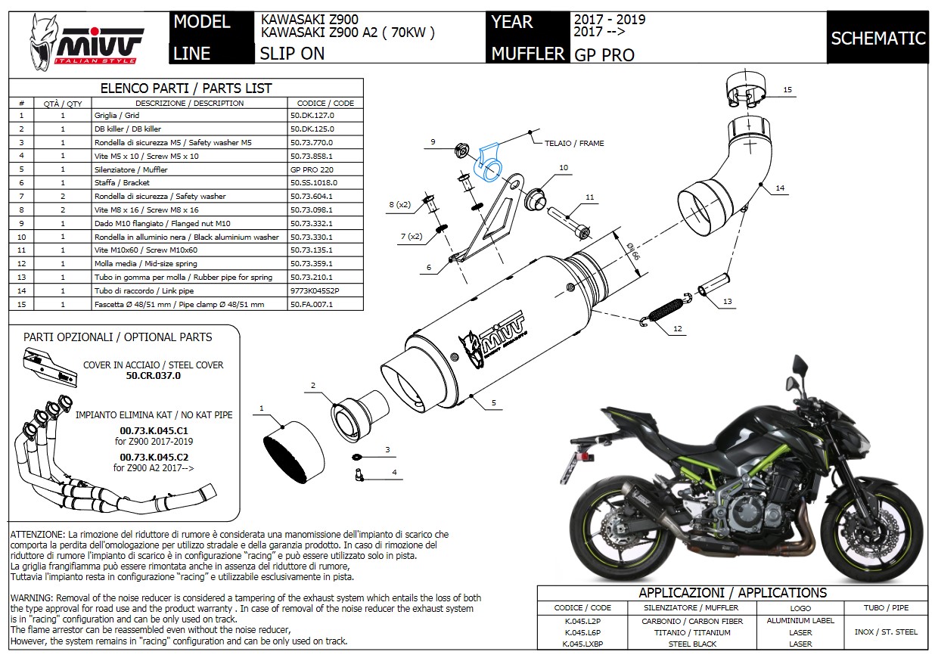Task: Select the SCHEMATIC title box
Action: tap(878, 38)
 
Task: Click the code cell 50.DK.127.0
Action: tap(312, 116)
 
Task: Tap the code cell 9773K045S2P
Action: tap(315, 290)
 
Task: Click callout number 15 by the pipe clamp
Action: tap(787, 90)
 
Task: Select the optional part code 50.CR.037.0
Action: tap(154, 375)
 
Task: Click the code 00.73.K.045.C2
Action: tap(154, 458)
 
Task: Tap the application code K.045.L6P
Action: tap(582, 632)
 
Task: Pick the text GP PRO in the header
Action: tap(604, 54)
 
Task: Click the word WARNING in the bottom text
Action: tap(31, 598)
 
